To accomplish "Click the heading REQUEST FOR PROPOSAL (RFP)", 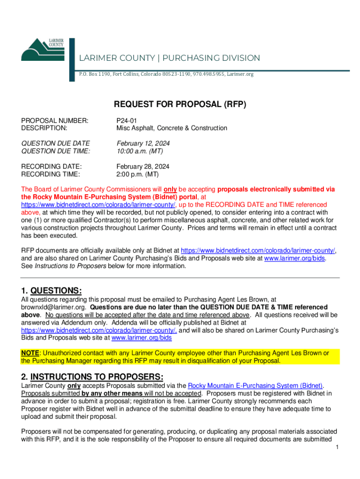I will coord(180,104).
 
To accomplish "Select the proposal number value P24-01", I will coord(126,120).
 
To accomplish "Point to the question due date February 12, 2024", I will coord(143,143).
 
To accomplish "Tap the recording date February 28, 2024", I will coord(143,167).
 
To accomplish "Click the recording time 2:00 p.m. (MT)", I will coord(137,174).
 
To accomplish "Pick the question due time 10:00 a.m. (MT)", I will coord(139,151).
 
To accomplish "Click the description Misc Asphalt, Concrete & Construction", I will coord(172,128).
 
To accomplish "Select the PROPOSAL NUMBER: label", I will coord(55,120).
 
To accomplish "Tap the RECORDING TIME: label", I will coord(50,174).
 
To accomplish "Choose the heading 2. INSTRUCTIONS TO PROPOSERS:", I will coord(92,377).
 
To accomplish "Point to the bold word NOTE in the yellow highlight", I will coord(29,353).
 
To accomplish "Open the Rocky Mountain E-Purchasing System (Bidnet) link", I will coord(255,385).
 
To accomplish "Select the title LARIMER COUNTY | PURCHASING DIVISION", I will coord(169,58).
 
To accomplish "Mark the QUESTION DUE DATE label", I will coord(56,143).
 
